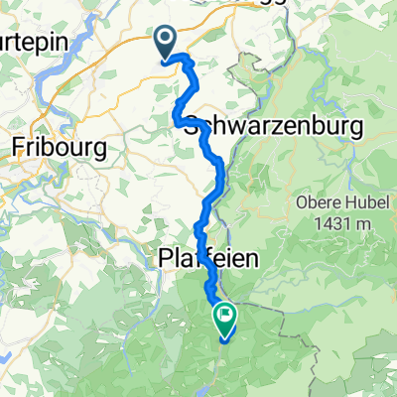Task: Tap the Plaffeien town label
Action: (x=207, y=259)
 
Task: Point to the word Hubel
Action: (x=371, y=204)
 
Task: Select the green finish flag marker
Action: (x=225, y=320)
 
